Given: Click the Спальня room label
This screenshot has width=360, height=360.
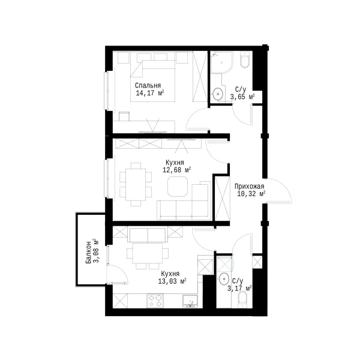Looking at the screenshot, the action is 148,86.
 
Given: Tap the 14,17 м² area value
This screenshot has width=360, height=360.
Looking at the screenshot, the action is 149,93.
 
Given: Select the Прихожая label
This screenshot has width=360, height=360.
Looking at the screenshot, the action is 249,187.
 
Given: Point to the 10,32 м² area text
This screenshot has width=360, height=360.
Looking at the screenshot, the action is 251,194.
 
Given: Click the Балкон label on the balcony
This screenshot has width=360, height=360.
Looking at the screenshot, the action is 88,253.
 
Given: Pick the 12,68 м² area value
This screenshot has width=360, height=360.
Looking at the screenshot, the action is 177,170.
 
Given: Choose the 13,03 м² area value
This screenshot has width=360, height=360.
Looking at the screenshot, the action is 172,281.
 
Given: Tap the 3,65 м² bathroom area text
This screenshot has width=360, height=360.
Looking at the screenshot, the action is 242,97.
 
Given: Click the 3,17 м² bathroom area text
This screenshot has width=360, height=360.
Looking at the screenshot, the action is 239,289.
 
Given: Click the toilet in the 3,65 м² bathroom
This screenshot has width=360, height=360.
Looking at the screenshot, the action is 244,60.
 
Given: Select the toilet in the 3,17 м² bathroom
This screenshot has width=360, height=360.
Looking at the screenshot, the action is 242,299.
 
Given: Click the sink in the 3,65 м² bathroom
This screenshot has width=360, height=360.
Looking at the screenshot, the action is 218,94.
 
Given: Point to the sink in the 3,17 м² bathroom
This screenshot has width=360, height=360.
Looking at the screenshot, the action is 224,279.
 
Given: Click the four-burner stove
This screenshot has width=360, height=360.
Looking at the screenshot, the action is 155,301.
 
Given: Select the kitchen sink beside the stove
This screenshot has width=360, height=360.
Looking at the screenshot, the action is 190,301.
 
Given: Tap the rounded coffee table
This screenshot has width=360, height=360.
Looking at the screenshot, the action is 178,187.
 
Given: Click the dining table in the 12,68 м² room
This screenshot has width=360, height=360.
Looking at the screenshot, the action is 136,184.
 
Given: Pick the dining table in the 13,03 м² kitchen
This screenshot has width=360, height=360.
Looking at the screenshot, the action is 148,253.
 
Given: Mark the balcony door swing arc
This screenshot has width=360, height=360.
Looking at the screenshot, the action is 121,271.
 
